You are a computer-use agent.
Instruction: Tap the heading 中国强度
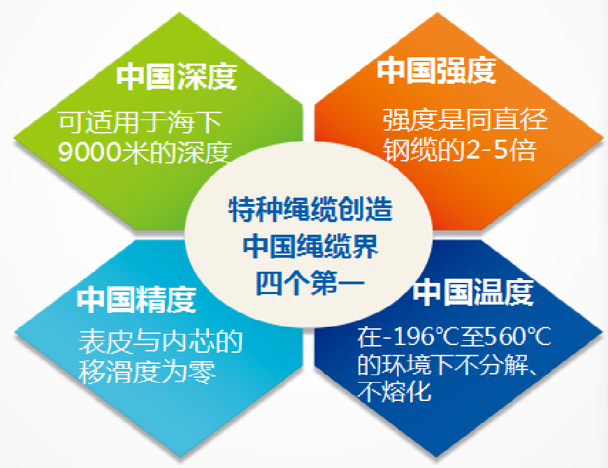coord(437,71)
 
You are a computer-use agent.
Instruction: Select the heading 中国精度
coord(137,300)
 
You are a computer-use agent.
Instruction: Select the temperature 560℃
coord(516,339)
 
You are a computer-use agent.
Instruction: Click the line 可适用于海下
coord(140,123)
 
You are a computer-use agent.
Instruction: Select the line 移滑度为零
coord(147,371)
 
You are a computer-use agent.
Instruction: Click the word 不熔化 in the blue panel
coord(395,391)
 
